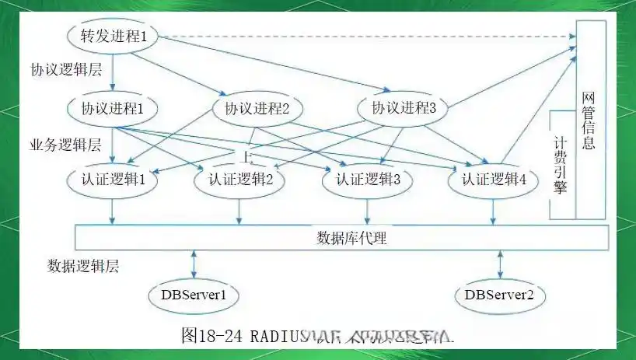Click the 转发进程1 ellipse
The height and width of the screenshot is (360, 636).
pyautogui.click(x=114, y=36)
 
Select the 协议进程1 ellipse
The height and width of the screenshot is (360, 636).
pyautogui.click(x=114, y=108)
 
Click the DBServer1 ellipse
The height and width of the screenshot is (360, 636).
pyautogui.click(x=193, y=295)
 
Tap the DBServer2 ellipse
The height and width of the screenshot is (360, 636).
pyautogui.click(x=499, y=295)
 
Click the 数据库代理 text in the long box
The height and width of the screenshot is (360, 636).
pyautogui.click(x=351, y=238)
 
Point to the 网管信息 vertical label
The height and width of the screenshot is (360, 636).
pyautogui.click(x=589, y=121)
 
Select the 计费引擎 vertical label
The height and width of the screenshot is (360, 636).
pyautogui.click(x=560, y=165)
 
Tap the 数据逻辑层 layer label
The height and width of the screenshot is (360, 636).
pyautogui.click(x=82, y=265)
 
